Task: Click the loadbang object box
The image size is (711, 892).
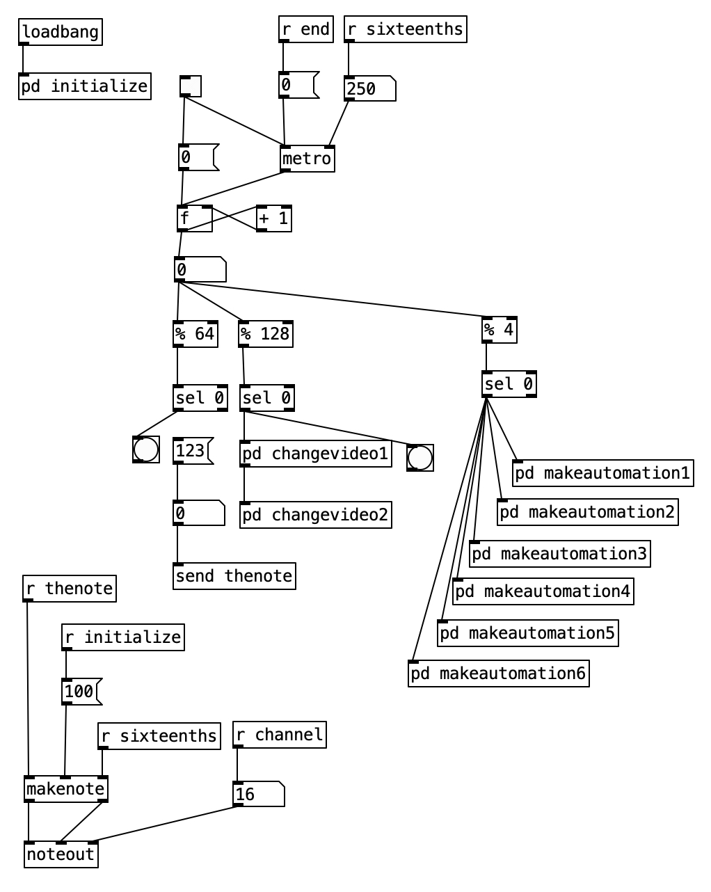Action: pyautogui.click(x=61, y=32)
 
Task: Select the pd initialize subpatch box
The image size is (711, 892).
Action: pyautogui.click(x=85, y=86)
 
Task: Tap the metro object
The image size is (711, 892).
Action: pyautogui.click(x=307, y=159)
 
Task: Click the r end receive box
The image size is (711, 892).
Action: pyautogui.click(x=305, y=29)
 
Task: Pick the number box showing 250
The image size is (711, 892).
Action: pyautogui.click(x=369, y=89)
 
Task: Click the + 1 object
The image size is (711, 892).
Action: pyautogui.click(x=273, y=218)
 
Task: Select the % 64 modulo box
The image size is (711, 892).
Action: pyautogui.click(x=195, y=334)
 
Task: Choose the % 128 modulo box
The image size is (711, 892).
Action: pyautogui.click(x=265, y=334)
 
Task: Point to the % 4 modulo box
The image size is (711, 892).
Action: pyautogui.click(x=499, y=330)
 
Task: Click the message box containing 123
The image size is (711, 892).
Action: pyautogui.click(x=191, y=451)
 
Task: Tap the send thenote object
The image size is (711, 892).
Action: pyautogui.click(x=234, y=576)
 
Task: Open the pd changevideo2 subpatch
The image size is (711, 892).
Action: pyautogui.click(x=315, y=515)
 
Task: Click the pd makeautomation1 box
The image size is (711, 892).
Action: pyautogui.click(x=602, y=473)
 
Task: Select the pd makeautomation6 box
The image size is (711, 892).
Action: pyautogui.click(x=498, y=674)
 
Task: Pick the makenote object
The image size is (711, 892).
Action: pyautogui.click(x=66, y=789)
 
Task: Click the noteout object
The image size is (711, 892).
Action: pyautogui.click(x=61, y=854)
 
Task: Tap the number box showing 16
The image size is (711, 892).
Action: pyautogui.click(x=258, y=794)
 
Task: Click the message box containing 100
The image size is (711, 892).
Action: pyautogui.click(x=81, y=692)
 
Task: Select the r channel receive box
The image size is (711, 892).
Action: pyautogui.click(x=279, y=735)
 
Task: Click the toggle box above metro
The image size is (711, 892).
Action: pyautogui.click(x=190, y=86)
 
